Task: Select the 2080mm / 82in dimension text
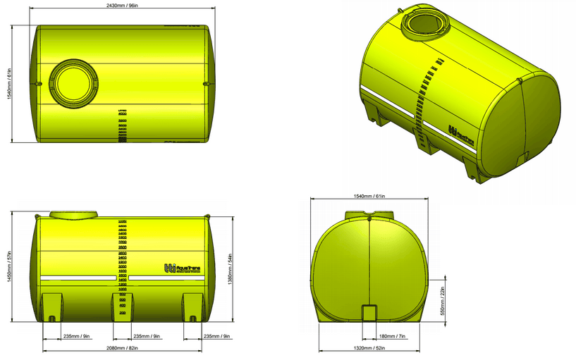point(122,347)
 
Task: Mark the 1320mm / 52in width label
point(369,348)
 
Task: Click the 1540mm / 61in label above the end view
point(369,197)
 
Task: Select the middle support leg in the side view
point(122,308)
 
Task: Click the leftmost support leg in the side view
point(52,308)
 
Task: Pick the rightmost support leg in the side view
point(192,308)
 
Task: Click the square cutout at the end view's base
point(369,314)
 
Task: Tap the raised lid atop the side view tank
point(74,213)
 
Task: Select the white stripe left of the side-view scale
point(78,278)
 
